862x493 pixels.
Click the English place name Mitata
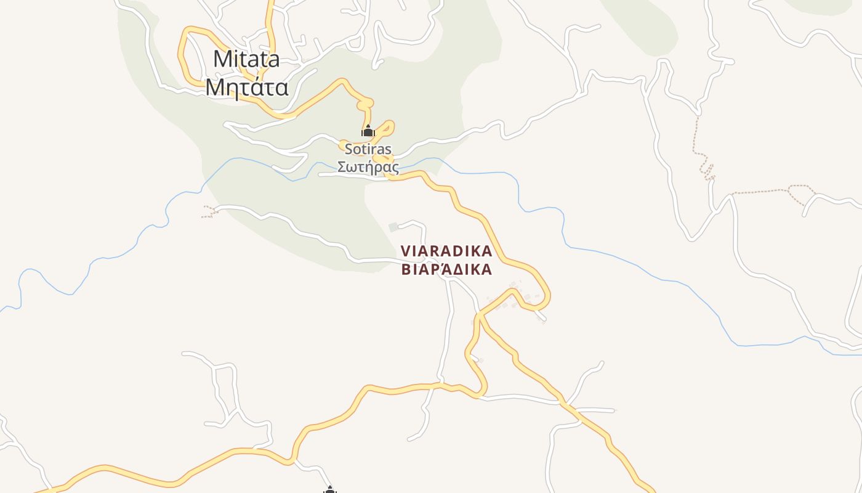[246, 59]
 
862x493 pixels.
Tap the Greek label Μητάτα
[246, 87]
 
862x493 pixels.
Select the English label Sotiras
[368, 149]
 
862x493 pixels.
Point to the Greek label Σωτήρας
[368, 167]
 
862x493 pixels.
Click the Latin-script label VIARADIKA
[446, 251]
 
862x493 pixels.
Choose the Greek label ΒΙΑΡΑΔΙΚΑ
[446, 270]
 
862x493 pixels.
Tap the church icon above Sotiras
[368, 131]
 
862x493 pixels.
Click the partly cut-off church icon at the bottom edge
[330, 490]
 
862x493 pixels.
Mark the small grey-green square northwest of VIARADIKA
[393, 227]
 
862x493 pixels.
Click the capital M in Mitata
[222, 59]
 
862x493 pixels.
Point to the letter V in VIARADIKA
[406, 251]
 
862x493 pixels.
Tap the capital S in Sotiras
[349, 149]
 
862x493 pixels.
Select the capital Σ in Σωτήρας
[342, 167]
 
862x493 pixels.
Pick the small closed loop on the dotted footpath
[799, 194]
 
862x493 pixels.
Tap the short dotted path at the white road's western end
[210, 213]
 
